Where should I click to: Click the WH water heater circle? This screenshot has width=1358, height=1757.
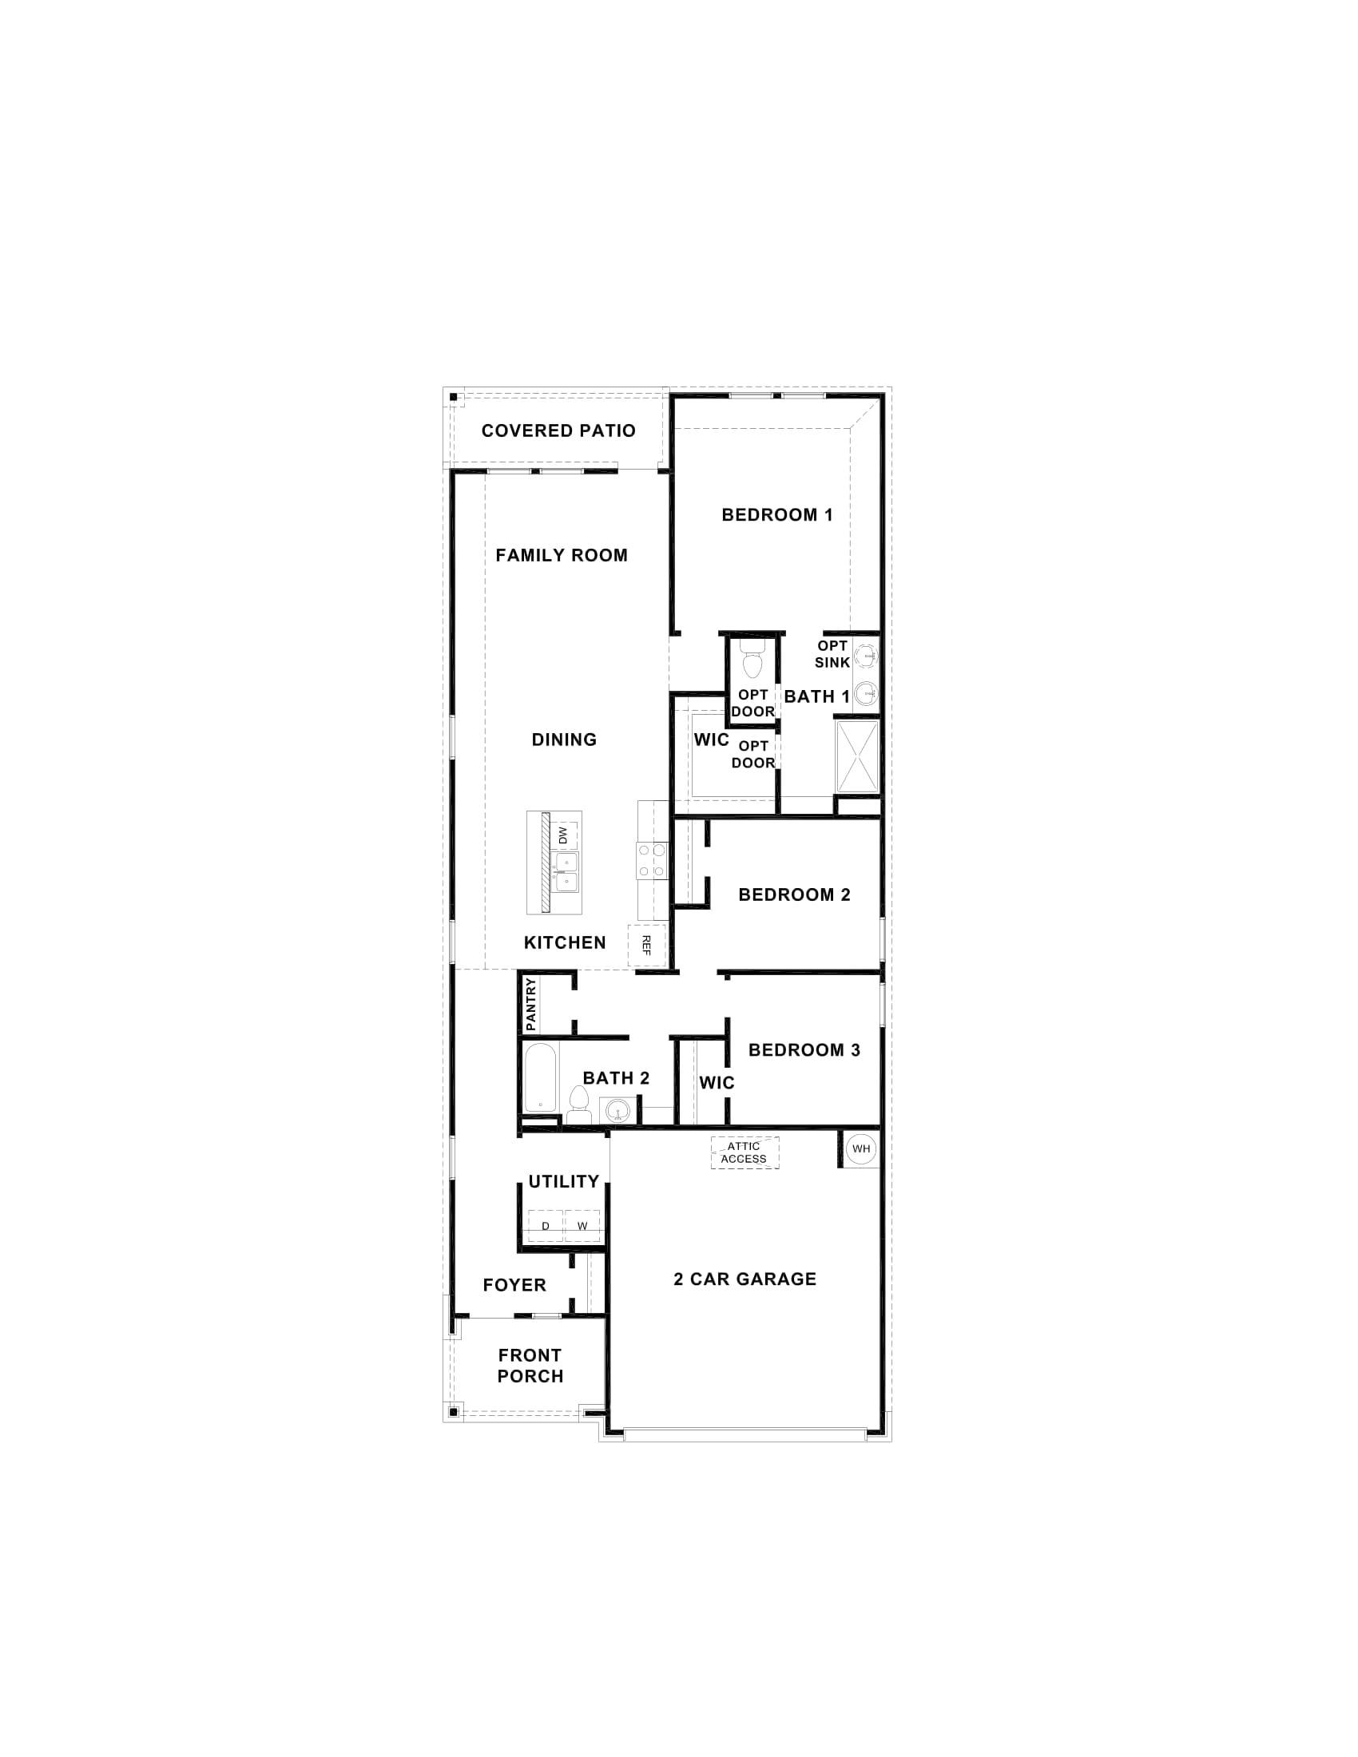861,1148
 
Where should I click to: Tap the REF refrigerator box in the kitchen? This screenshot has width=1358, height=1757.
647,945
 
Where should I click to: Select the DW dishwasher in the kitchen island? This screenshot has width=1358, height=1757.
563,836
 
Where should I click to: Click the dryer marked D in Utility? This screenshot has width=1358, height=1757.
546,1226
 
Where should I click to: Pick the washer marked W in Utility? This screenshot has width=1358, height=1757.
582,1226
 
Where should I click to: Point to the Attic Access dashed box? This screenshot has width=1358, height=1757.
745,1152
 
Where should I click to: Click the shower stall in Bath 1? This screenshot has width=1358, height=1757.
858,757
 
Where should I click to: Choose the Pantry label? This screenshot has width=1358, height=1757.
530,1004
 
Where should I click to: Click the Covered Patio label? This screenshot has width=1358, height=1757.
558,430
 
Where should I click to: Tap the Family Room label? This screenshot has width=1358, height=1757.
562,555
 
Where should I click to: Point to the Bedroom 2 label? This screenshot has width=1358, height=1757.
794,894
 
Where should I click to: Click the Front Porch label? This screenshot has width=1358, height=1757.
530,1365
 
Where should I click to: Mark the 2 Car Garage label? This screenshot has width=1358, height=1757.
745,1279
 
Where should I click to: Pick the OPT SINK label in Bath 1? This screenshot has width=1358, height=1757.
832,654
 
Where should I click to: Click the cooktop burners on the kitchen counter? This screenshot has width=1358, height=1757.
653,859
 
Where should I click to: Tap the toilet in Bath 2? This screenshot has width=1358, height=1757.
578,1104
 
